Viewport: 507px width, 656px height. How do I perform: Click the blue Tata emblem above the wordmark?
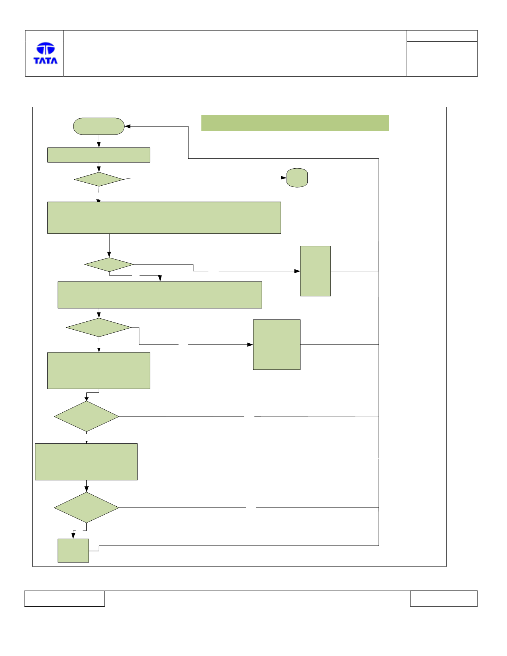click(45, 49)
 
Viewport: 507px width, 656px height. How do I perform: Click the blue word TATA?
click(45, 61)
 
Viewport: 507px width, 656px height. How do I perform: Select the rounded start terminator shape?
click(99, 126)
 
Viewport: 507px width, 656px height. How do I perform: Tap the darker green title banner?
click(295, 123)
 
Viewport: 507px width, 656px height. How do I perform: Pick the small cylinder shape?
click(297, 178)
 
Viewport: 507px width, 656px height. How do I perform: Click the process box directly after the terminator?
click(99, 155)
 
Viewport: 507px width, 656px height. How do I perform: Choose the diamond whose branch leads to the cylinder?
click(99, 179)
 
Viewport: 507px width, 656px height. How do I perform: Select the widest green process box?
click(164, 218)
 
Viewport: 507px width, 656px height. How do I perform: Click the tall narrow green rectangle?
click(315, 271)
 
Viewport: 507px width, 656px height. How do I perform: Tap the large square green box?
click(277, 344)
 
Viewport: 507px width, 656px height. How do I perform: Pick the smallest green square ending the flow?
click(73, 551)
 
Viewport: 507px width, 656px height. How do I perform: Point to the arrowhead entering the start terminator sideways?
click(128, 126)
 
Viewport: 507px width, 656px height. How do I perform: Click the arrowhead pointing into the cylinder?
click(284, 178)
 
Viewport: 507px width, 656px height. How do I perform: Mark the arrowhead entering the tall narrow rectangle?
click(297, 271)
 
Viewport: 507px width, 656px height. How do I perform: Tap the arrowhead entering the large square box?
click(250, 344)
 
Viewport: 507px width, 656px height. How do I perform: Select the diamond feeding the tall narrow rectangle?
click(109, 265)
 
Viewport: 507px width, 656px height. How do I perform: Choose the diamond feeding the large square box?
click(99, 327)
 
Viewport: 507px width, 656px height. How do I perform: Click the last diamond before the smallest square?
click(87, 507)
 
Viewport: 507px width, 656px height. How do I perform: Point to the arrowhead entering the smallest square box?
click(74, 536)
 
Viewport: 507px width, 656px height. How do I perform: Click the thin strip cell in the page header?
click(442, 36)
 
